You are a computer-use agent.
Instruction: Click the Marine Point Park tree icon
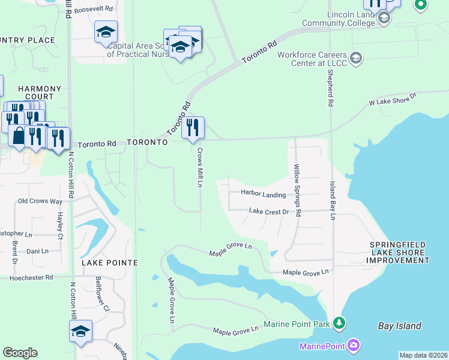(340, 323)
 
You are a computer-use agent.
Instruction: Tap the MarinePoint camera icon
(354, 346)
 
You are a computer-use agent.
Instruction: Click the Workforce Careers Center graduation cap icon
(355, 58)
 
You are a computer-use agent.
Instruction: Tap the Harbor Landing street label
(263, 193)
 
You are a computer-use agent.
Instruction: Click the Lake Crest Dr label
(269, 212)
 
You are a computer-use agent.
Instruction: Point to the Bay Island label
(400, 326)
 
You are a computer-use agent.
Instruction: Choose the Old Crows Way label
(40, 202)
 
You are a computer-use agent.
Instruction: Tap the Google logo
(20, 353)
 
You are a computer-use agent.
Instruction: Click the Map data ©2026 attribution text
(423, 355)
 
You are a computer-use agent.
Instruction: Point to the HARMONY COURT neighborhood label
(40, 92)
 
